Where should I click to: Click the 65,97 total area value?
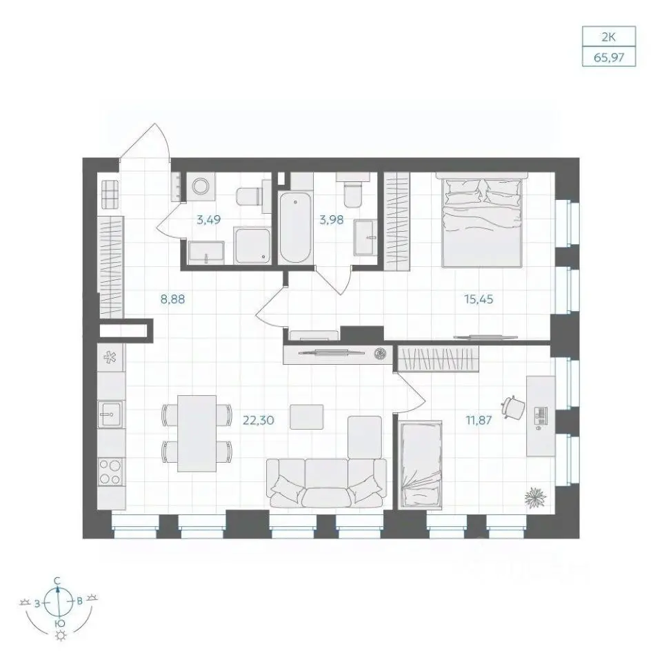pos(609,57)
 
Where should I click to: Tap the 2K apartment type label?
pos(609,37)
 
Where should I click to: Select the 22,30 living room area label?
pos(259,420)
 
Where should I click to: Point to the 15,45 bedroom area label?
pos(479,299)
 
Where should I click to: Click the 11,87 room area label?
pos(479,420)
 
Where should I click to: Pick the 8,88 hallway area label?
pos(172,299)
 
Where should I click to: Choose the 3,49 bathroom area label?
pos(208,219)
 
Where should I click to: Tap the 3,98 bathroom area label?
pos(332,219)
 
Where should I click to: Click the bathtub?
pos(296,227)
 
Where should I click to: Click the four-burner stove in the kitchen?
pos(110,472)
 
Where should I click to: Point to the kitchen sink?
pos(110,414)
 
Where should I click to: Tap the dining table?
pos(197,433)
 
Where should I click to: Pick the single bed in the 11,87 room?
pos(421,464)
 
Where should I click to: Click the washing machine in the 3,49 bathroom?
pos(201,186)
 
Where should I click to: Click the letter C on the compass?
pos(57,581)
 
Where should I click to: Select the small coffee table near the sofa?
pos(307,417)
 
